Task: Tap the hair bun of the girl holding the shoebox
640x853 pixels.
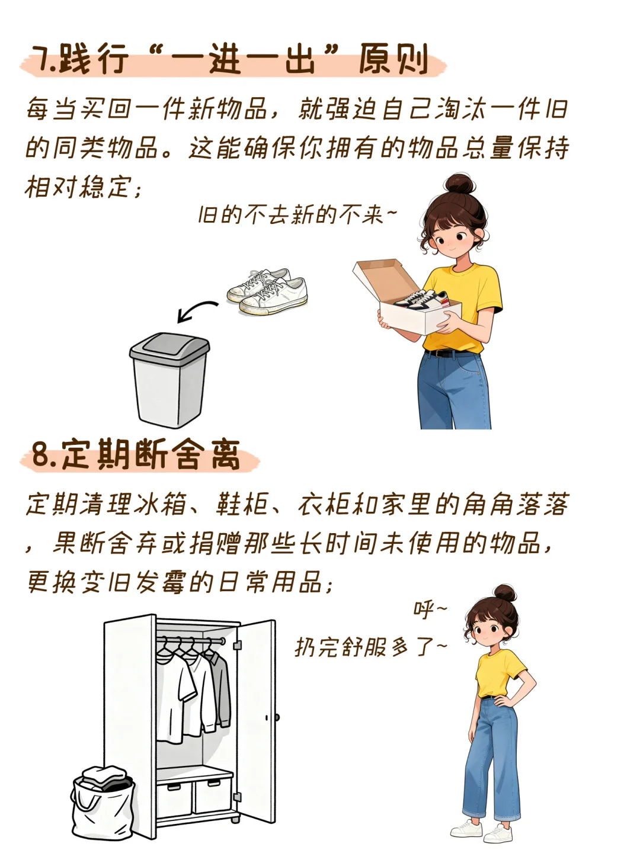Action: click(460, 184)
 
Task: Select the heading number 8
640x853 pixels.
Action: click(42, 454)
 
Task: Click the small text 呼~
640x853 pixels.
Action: click(430, 610)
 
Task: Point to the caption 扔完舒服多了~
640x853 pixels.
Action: click(371, 647)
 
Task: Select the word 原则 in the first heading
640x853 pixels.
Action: click(393, 59)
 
